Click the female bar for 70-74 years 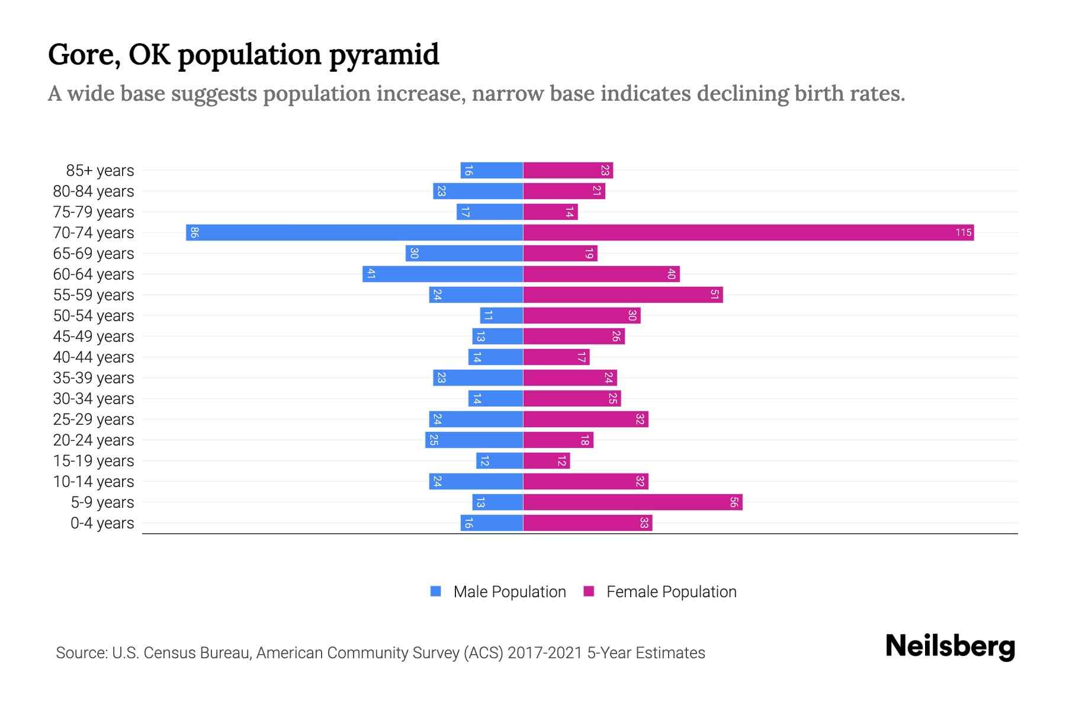(748, 232)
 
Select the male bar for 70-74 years (354, 232)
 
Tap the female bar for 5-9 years (632, 502)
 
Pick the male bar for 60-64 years (442, 274)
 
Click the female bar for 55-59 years (622, 294)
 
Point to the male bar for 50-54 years (502, 315)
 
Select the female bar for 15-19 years (546, 461)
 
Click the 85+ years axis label (100, 171)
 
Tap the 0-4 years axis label (102, 523)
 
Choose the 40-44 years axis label (94, 357)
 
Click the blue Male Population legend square (436, 591)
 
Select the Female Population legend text (671, 592)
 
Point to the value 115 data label (963, 232)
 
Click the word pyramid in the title (384, 55)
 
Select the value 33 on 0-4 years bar (644, 523)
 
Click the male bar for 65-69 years (464, 253)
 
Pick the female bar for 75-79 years (550, 212)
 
